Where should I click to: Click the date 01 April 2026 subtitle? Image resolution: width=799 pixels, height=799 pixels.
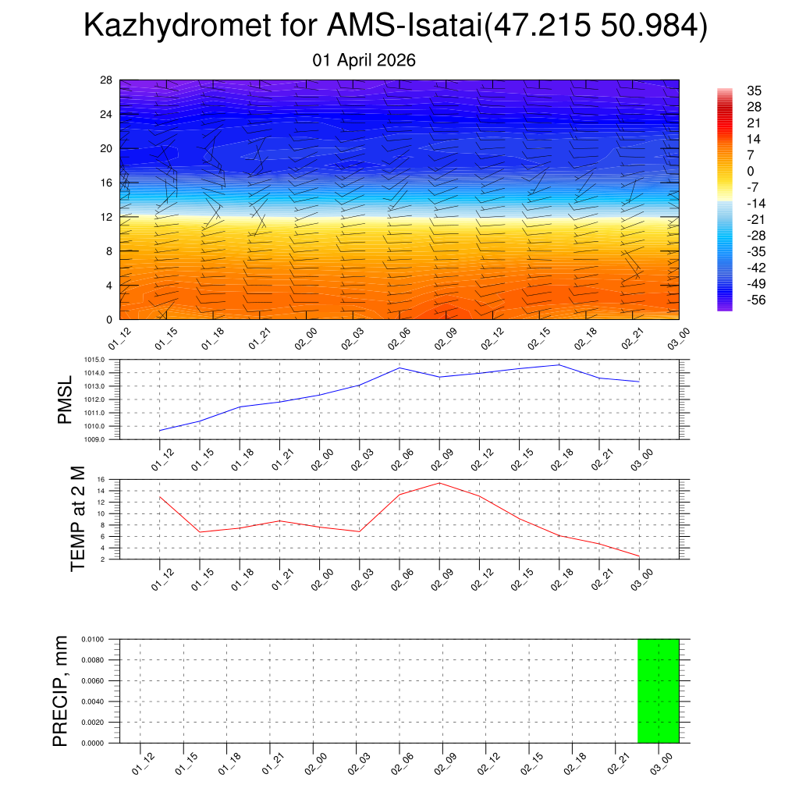[364, 60]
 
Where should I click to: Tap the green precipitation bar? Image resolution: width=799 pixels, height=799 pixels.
[658, 691]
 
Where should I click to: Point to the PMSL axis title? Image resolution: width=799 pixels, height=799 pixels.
[65, 399]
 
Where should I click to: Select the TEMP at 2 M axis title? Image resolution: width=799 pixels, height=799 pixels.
[76, 518]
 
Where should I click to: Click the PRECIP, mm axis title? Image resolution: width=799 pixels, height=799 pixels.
[61, 691]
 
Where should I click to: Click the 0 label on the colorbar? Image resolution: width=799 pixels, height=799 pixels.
[751, 172]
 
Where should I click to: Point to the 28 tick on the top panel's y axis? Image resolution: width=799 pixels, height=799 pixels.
[107, 80]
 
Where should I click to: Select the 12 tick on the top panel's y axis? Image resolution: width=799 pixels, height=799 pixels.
[107, 217]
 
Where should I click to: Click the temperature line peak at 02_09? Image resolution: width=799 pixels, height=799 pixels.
[439, 483]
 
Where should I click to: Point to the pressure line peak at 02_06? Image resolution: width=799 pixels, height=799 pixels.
[399, 368]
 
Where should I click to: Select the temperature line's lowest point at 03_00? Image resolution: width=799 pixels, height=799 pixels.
[639, 556]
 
